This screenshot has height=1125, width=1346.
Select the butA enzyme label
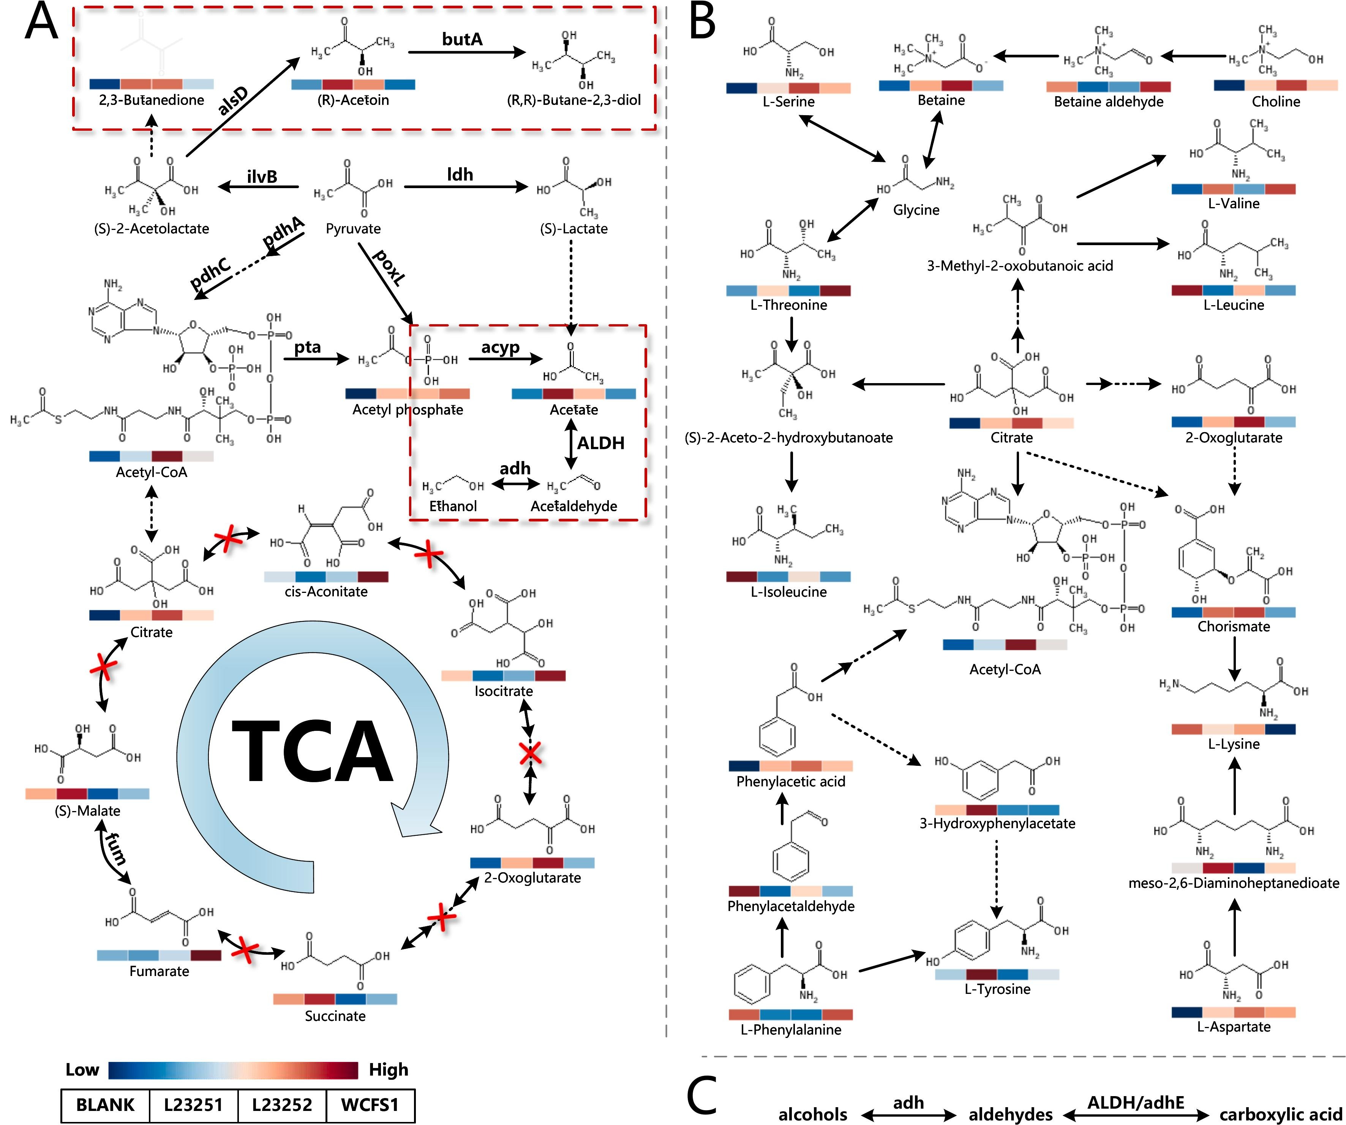(462, 39)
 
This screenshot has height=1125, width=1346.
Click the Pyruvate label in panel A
(353, 229)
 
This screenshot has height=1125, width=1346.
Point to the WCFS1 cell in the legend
(370, 1105)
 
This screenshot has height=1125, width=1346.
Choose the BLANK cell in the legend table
(105, 1105)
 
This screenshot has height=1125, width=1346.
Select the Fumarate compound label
(159, 971)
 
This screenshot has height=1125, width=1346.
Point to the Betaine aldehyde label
(1108, 101)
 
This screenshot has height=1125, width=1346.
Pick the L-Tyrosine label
(997, 989)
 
